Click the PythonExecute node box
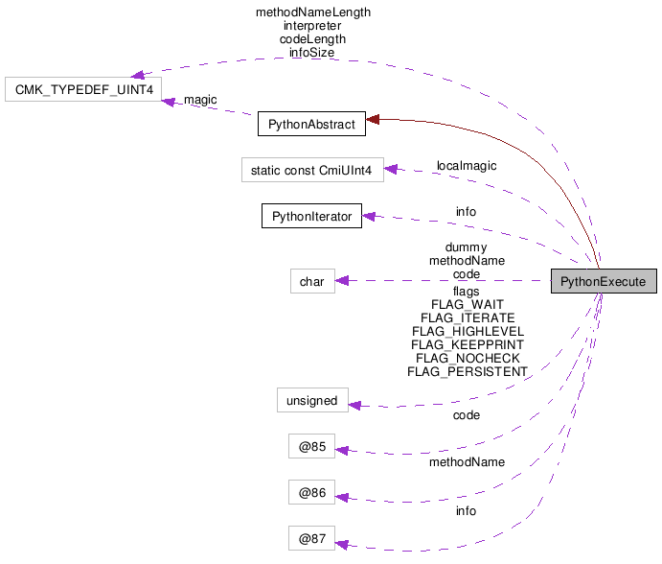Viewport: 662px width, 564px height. [x=604, y=282]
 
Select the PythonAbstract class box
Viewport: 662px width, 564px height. [x=311, y=124]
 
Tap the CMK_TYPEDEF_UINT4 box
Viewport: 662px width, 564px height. [x=83, y=90]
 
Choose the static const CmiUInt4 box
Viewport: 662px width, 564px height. [x=311, y=171]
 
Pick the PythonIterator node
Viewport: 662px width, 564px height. [x=311, y=216]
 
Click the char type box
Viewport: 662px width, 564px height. [x=311, y=281]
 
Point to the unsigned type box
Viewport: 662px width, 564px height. [x=311, y=400]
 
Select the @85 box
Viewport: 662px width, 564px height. [x=311, y=446]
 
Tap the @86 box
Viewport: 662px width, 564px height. [x=311, y=493]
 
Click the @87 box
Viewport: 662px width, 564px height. [x=311, y=539]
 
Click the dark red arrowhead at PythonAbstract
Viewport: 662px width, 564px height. [x=373, y=119]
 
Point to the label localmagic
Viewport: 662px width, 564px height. [x=467, y=166]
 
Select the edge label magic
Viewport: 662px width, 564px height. [x=200, y=100]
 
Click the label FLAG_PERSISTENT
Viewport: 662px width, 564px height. [x=468, y=372]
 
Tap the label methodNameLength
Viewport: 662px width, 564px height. [x=312, y=12]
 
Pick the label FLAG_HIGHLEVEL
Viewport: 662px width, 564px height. [x=468, y=332]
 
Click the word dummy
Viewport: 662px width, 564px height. [x=466, y=247]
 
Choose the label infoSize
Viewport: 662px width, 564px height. [x=312, y=53]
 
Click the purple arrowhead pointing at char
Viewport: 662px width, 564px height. [x=342, y=281]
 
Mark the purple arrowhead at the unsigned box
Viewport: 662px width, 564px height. [x=354, y=404]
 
